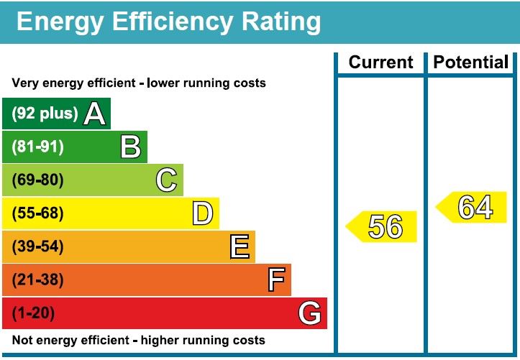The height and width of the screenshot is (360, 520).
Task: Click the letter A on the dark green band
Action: click(x=94, y=114)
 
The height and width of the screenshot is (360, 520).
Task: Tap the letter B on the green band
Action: click(x=130, y=147)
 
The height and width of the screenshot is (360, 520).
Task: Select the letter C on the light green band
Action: click(x=166, y=180)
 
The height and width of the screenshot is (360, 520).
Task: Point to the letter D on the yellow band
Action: click(x=203, y=213)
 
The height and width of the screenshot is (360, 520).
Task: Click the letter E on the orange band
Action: click(x=240, y=246)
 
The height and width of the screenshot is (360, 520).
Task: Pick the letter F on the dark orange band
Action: click(x=275, y=280)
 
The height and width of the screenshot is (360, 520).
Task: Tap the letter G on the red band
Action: click(x=309, y=313)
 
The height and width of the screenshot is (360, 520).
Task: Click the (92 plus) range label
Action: click(x=45, y=114)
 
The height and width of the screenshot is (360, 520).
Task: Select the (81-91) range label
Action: click(x=38, y=147)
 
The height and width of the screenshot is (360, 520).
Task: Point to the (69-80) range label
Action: click(x=38, y=180)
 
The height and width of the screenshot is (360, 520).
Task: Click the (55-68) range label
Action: click(x=38, y=213)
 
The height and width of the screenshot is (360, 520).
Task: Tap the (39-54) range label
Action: click(x=38, y=246)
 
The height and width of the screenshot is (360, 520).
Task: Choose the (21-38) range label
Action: click(x=38, y=280)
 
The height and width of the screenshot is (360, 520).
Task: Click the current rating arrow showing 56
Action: click(x=383, y=226)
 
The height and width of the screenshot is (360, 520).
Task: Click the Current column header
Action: click(x=380, y=63)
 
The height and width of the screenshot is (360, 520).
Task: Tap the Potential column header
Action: click(x=470, y=63)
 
